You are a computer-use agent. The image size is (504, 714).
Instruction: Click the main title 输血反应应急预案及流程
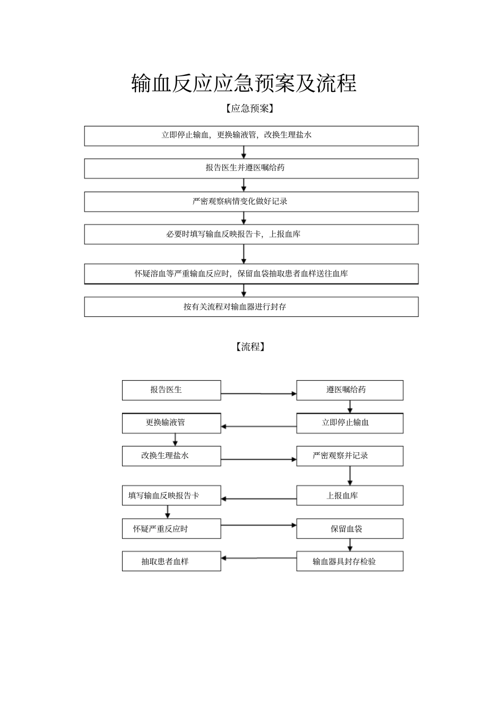[x=244, y=84]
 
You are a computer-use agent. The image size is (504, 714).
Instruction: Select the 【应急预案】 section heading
[x=249, y=109]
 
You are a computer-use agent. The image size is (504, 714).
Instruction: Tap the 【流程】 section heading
[x=250, y=347]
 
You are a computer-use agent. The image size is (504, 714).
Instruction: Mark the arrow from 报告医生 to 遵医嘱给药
[x=258, y=394]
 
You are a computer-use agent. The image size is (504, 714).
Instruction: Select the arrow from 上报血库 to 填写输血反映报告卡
[x=258, y=499]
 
